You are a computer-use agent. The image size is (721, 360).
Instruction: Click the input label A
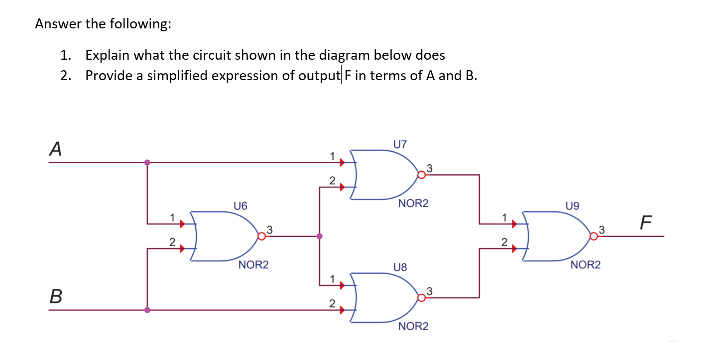56,149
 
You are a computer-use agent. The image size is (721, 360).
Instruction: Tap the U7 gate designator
400,144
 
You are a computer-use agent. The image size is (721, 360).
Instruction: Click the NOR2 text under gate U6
253,265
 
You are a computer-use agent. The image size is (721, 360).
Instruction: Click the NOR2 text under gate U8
413,326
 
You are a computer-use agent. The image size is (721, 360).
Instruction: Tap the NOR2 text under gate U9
586,265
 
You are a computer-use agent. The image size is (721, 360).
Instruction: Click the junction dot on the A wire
147,162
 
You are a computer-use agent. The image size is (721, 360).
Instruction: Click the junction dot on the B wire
147,309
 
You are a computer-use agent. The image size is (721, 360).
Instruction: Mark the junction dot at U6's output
319,236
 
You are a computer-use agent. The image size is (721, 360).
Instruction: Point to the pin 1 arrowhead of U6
182,224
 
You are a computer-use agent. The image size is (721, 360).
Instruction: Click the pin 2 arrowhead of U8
342,309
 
